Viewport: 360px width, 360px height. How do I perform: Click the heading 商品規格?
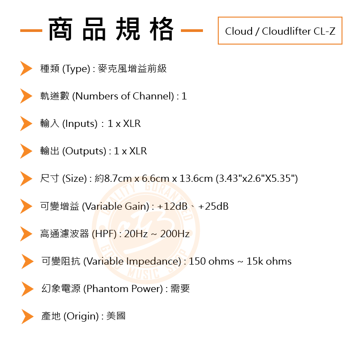111,30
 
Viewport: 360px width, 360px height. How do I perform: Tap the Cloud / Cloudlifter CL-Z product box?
280,31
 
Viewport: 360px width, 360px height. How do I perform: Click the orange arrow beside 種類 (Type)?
26,69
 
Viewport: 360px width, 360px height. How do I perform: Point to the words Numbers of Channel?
122,96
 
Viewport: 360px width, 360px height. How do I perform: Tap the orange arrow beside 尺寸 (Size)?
26,179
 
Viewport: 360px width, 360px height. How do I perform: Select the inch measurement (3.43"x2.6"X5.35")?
256,179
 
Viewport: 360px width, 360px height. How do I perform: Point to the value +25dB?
213,207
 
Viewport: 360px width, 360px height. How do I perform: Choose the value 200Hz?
175,234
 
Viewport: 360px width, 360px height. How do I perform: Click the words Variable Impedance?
132,261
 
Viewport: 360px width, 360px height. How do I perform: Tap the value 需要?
180,289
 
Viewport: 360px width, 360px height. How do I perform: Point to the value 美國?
116,316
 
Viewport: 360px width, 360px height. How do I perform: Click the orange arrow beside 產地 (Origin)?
27,316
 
